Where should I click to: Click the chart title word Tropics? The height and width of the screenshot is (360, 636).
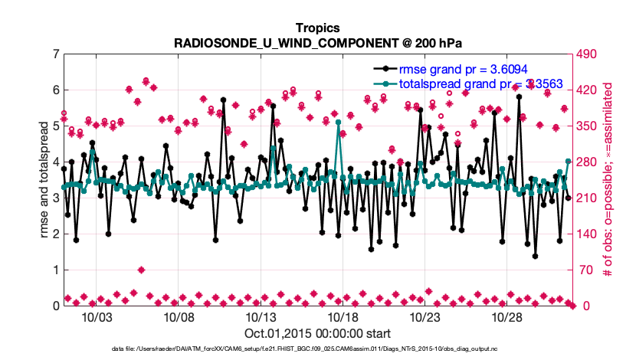click(x=317, y=28)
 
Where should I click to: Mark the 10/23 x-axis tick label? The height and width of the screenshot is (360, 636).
click(x=425, y=316)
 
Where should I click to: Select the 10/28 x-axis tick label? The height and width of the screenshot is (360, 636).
click(x=507, y=316)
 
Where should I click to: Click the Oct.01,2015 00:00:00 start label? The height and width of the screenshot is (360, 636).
click(x=317, y=333)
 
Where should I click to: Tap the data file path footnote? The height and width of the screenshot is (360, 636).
click(x=317, y=349)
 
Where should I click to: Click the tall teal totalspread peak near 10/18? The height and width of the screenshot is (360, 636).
click(x=338, y=122)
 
